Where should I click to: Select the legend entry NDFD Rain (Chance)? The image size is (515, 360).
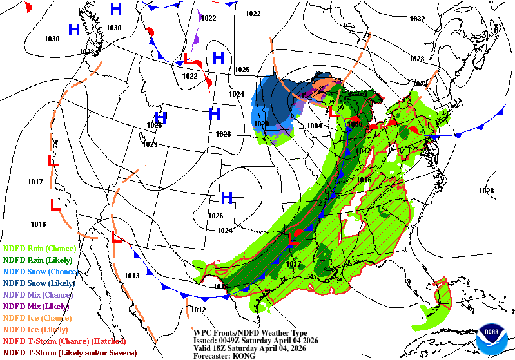point(39,248)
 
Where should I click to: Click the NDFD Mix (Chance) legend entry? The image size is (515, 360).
point(38,294)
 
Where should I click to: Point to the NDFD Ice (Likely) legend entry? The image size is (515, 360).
point(37,330)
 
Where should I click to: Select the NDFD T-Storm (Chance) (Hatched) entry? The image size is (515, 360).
point(64,341)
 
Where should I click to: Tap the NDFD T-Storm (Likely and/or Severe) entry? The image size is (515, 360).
point(70,353)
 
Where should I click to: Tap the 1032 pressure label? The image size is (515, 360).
point(418,19)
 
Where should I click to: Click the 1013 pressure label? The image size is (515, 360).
point(131,276)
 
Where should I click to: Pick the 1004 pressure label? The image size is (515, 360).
point(315,126)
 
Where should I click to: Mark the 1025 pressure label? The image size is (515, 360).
point(242,70)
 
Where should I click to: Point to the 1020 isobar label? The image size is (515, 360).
point(261,124)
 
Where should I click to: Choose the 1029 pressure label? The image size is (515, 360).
point(150,144)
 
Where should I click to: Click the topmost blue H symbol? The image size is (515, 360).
point(116,9)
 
